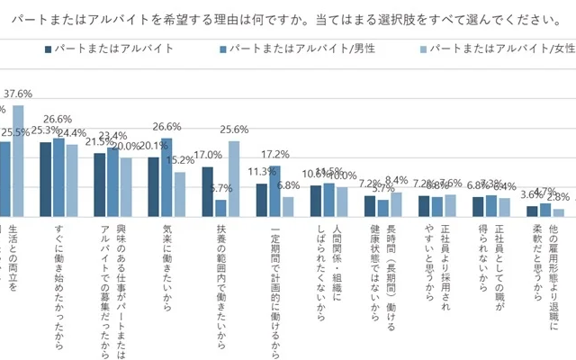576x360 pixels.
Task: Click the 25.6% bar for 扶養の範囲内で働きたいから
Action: click(233, 179)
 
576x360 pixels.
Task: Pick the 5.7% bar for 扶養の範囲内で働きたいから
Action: click(220, 208)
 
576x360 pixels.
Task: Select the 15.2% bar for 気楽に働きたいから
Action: click(180, 194)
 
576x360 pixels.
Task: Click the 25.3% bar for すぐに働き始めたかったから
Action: click(46, 179)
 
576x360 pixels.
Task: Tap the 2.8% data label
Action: click(559, 196)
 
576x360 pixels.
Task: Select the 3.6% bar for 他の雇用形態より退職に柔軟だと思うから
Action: click(533, 212)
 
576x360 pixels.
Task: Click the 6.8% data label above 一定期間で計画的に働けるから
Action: click(289, 186)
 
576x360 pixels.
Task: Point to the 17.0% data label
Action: click(208, 155)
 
